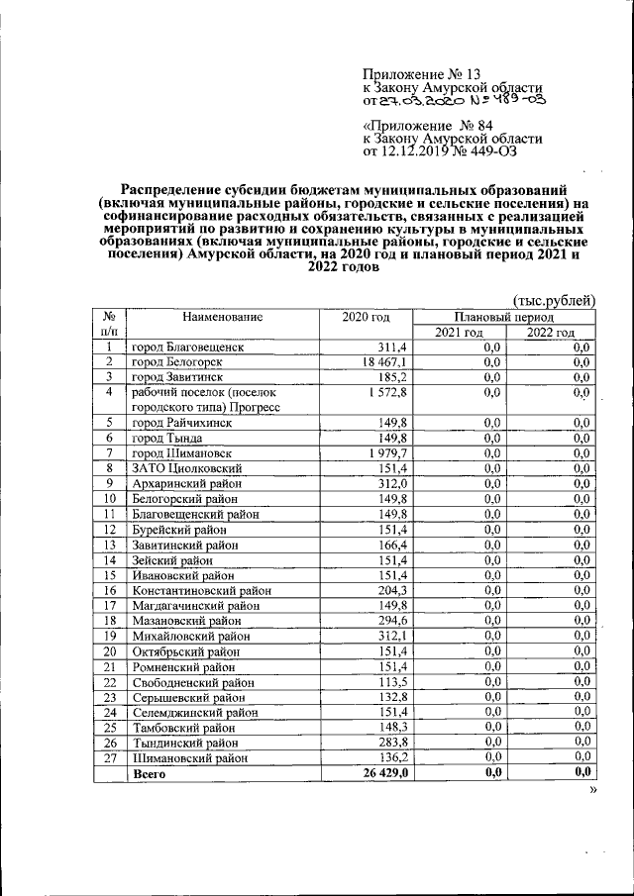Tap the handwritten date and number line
(x=455, y=100)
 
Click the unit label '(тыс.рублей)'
(x=554, y=300)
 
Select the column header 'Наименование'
(x=222, y=317)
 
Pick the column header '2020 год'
(x=367, y=317)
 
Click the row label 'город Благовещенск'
(x=187, y=348)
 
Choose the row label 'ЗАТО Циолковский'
(x=186, y=467)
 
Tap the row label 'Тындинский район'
(x=185, y=741)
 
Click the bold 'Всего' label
(x=150, y=772)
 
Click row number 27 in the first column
(x=111, y=756)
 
